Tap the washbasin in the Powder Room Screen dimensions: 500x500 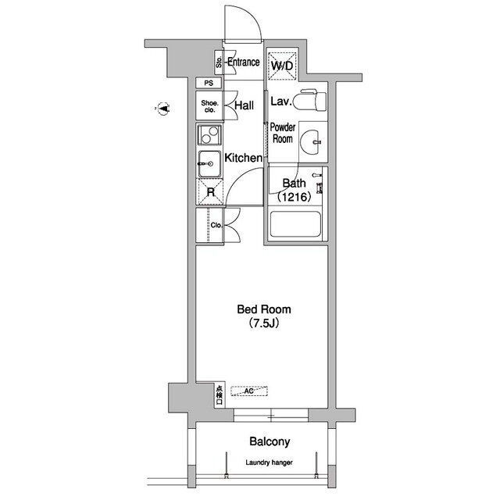(x=310, y=142)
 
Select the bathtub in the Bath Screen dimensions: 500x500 (x=295, y=224)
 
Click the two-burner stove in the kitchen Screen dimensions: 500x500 (x=209, y=135)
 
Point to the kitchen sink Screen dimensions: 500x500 (x=209, y=164)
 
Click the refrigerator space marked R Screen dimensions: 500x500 (x=210, y=192)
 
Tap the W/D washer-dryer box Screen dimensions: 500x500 (x=282, y=66)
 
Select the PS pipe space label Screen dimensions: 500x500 (x=209, y=84)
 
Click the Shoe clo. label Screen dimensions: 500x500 (x=210, y=106)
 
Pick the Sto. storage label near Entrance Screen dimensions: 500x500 (x=219, y=62)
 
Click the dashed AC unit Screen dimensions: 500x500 (x=249, y=391)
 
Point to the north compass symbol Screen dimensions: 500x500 (x=163, y=109)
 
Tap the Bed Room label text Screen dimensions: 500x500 (x=264, y=309)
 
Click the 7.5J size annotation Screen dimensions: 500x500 (x=264, y=323)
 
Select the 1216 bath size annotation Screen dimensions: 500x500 (x=294, y=197)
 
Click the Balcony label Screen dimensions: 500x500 (x=270, y=441)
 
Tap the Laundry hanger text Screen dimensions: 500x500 (x=269, y=462)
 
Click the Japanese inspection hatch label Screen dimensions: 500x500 (x=220, y=395)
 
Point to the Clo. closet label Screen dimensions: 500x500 (x=216, y=225)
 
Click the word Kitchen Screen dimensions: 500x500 (x=244, y=158)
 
